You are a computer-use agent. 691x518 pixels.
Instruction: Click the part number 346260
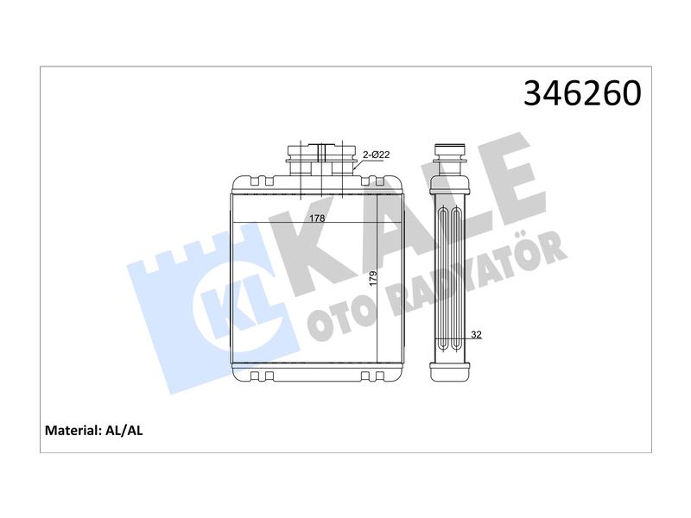582,93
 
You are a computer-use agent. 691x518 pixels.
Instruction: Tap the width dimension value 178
317,218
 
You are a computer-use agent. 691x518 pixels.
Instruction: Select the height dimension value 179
373,279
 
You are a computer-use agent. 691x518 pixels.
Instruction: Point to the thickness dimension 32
476,335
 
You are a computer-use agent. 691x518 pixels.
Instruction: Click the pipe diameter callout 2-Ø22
376,155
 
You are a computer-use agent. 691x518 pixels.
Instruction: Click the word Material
73,430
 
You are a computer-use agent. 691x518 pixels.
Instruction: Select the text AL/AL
124,430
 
